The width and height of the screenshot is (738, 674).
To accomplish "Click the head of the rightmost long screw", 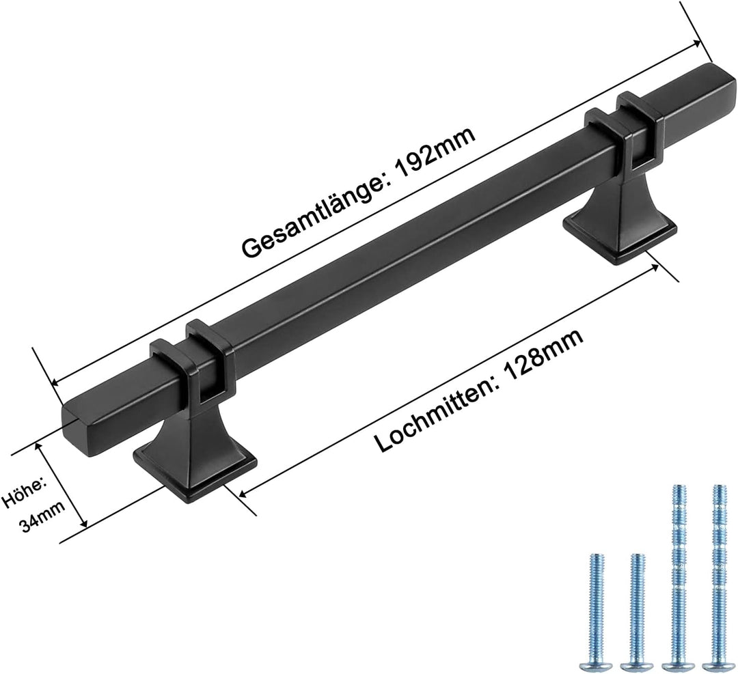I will coord(716,662).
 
